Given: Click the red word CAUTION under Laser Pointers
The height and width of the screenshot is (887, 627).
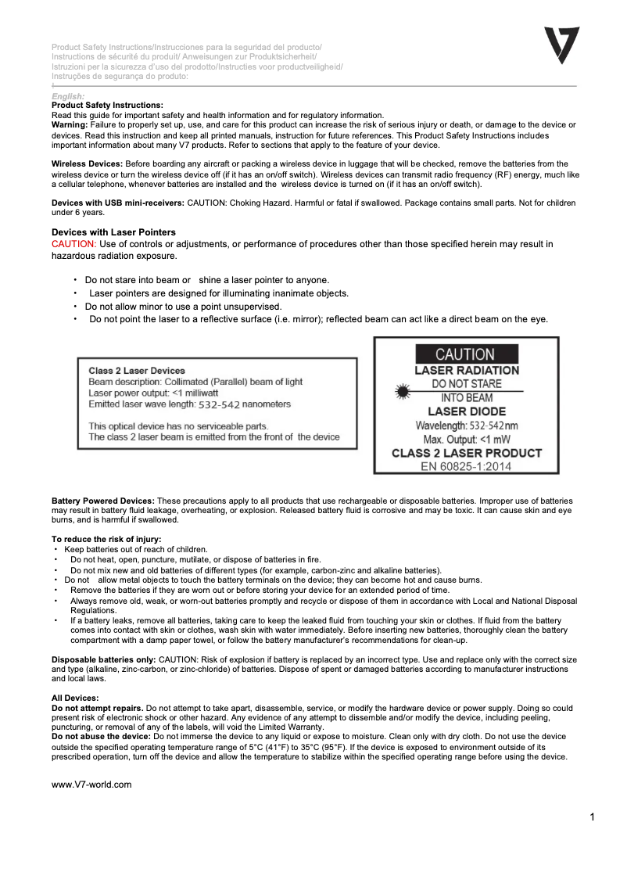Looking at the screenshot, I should click(x=73, y=244).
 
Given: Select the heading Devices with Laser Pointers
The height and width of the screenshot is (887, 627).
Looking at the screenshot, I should click(x=113, y=232).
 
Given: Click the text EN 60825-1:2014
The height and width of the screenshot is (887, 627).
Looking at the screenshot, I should click(x=466, y=466).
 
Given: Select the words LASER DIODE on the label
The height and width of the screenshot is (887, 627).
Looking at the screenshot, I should click(x=466, y=411).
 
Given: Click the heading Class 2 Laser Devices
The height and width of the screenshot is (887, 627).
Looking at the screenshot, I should click(x=137, y=371).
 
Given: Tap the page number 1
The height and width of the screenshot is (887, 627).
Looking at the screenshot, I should click(x=593, y=817).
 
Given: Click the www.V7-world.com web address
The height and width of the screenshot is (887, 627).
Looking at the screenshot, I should click(x=91, y=785).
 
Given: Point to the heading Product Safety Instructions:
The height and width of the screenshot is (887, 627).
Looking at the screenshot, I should click(x=107, y=105).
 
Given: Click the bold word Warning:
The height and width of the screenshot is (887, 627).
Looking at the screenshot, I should click(x=70, y=125).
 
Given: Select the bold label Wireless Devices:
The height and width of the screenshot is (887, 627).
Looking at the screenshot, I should click(x=87, y=163).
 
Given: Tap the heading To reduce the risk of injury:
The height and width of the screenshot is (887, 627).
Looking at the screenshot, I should click(x=106, y=539).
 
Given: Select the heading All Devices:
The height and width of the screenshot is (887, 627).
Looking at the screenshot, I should click(x=75, y=697).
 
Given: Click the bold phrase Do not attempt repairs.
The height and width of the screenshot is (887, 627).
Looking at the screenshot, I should click(x=98, y=707).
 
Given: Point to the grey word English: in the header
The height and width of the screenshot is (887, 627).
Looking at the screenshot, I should click(x=68, y=96).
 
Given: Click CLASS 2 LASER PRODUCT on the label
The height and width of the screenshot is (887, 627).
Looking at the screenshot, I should click(x=466, y=453).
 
